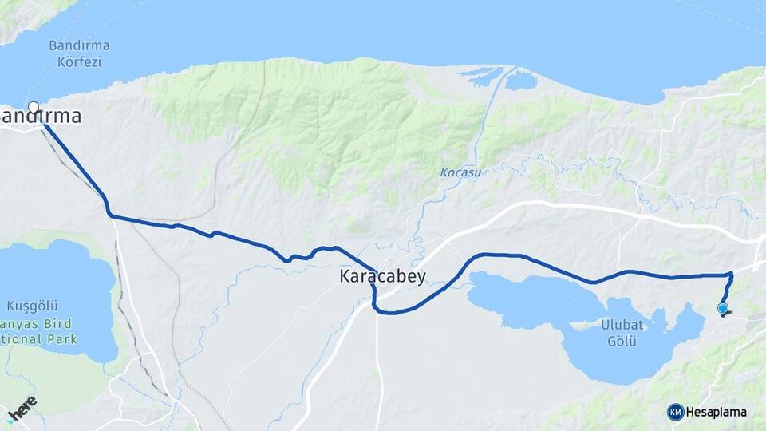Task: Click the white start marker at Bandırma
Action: pyautogui.click(x=34, y=107)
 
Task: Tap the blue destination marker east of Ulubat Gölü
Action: pyautogui.click(x=723, y=308)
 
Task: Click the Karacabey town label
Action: pyautogui.click(x=383, y=277)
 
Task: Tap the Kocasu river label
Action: pyautogui.click(x=460, y=172)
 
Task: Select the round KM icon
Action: pyautogui.click(x=676, y=412)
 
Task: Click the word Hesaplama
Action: pyautogui.click(x=717, y=413)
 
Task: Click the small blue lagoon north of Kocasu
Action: pyautogui.click(x=522, y=81)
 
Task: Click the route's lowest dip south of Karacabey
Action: pyautogui.click(x=388, y=313)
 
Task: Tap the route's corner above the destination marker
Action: pyautogui.click(x=730, y=275)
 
